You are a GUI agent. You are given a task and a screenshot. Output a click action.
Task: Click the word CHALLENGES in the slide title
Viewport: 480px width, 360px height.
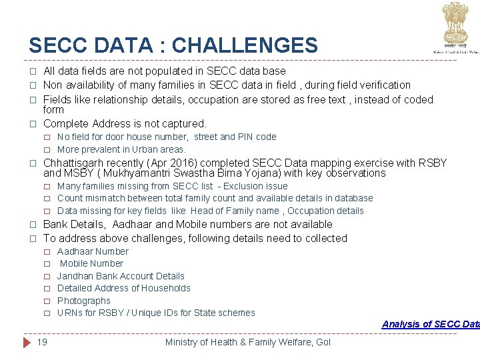tap(244, 45)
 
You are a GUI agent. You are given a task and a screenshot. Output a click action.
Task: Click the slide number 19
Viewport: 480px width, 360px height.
tap(42, 342)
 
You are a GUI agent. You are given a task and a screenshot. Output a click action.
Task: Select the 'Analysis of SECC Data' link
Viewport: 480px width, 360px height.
tap(430, 324)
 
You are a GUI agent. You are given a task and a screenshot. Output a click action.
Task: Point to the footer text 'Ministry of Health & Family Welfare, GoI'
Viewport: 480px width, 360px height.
tap(247, 342)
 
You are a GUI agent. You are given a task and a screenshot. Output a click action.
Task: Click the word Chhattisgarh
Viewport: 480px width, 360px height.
tap(75, 163)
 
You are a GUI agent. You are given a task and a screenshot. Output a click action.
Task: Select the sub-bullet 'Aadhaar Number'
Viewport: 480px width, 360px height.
tap(93, 251)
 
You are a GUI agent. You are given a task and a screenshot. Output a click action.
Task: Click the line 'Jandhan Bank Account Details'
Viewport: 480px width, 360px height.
tap(121, 276)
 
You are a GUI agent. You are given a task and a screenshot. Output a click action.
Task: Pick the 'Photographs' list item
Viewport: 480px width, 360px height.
tap(84, 301)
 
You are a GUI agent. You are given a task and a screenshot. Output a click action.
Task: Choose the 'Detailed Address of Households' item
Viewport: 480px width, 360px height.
tap(124, 288)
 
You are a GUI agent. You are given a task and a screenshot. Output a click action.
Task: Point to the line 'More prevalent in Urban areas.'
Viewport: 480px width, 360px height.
tap(121, 149)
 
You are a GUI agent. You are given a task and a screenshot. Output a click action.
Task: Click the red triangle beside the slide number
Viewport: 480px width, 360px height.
tap(27, 342)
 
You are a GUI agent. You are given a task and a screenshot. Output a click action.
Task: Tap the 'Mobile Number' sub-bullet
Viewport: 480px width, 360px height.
tap(91, 263)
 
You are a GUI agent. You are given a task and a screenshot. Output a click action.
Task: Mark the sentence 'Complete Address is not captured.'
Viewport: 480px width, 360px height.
tap(125, 123)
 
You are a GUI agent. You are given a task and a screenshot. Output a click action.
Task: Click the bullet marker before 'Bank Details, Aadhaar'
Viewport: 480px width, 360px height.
tap(31, 225)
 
